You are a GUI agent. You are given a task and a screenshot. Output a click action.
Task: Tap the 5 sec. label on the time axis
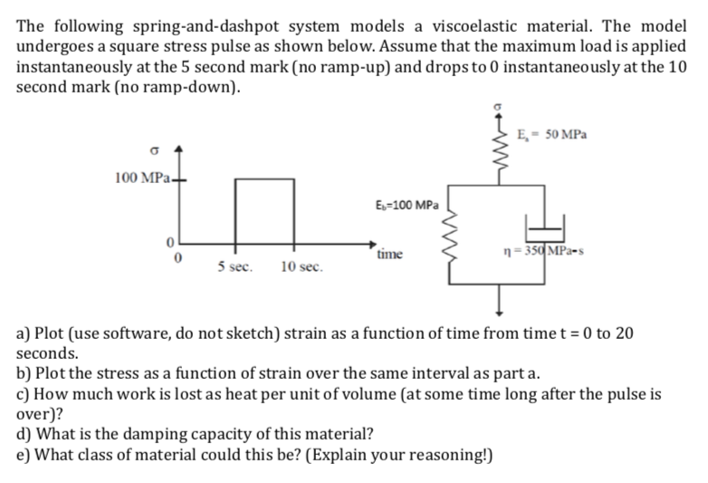(234, 267)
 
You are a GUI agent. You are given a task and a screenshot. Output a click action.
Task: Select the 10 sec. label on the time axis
(300, 267)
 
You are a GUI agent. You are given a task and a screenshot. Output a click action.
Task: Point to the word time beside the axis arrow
(392, 256)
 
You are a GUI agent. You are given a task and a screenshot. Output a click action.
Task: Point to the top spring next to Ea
(494, 150)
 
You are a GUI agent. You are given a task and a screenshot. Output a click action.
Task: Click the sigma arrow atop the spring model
(494, 109)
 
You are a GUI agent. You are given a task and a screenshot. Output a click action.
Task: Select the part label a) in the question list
(24, 333)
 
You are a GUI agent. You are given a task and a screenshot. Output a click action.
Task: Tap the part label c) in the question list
(23, 395)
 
